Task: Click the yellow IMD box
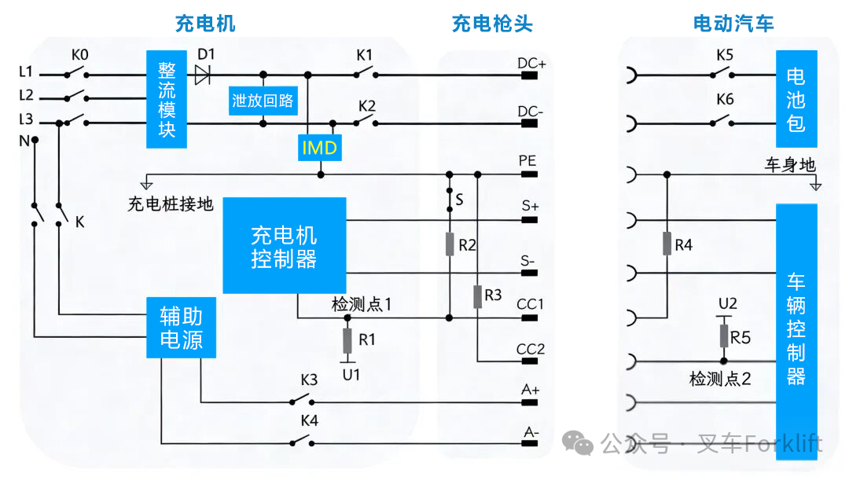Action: click(319, 147)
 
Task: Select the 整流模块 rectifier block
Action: click(167, 100)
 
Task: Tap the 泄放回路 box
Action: click(263, 101)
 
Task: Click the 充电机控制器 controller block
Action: click(285, 246)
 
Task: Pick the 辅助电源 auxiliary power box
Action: click(181, 328)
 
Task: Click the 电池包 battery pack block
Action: click(796, 100)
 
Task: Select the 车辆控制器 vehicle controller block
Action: click(796, 328)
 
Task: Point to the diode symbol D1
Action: click(202, 75)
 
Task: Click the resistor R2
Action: click(450, 244)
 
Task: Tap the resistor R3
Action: click(477, 296)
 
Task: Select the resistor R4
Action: click(667, 244)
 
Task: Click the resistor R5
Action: click(724, 336)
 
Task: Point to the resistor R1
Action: click(347, 340)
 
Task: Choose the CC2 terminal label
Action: click(531, 348)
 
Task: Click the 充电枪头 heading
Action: click(492, 24)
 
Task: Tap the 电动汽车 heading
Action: click(733, 24)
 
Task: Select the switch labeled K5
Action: click(723, 74)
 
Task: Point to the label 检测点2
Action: click(720, 379)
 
